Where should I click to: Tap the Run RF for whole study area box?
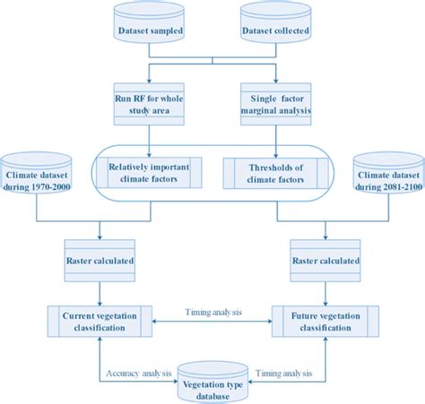coord(149,106)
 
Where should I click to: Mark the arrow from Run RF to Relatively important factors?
coord(149,139)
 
